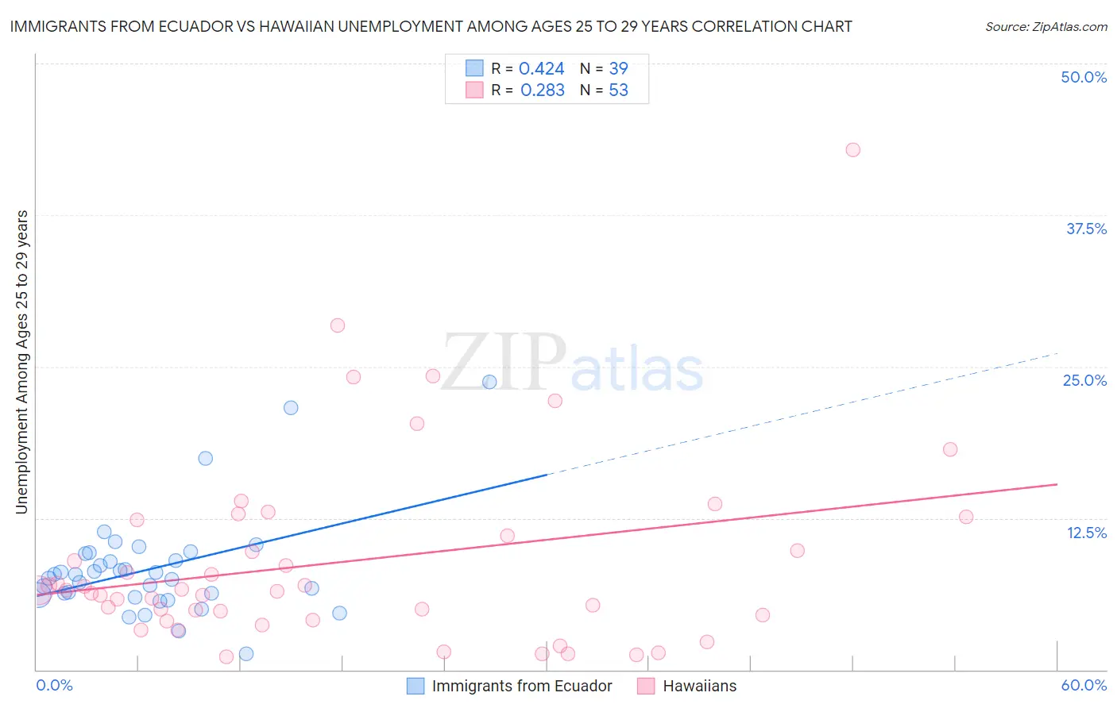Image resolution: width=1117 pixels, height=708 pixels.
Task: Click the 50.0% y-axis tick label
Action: (x=1084, y=77)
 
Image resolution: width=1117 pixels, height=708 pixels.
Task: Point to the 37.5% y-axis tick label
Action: (x=1086, y=229)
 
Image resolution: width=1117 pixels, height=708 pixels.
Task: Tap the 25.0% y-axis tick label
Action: (x=1084, y=380)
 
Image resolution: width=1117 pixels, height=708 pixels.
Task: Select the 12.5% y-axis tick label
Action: (x=1086, y=533)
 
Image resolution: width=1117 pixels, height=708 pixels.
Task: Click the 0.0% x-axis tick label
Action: (x=55, y=685)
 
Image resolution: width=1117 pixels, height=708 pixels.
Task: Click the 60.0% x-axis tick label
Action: (x=1084, y=685)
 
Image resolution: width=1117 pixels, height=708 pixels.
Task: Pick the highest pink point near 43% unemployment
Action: (x=852, y=150)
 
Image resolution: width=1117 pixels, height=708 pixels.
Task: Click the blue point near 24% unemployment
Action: (x=489, y=382)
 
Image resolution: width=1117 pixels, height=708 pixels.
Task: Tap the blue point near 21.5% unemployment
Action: (x=291, y=407)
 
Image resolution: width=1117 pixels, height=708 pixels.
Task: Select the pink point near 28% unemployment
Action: (x=338, y=325)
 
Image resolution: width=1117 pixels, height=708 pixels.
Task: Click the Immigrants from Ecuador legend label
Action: (x=522, y=686)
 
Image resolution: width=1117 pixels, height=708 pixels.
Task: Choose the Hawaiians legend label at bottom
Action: (x=699, y=686)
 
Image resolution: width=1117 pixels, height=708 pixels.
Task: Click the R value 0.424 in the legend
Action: (x=541, y=69)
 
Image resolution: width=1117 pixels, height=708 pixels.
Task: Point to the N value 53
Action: (x=618, y=90)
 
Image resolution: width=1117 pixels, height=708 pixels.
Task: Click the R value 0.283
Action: (x=542, y=90)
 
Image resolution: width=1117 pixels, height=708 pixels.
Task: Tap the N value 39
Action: (x=618, y=69)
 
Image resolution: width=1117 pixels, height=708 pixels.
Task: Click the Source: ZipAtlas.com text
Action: (x=1045, y=27)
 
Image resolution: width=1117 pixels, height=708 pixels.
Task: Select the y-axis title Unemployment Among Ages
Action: (x=22, y=362)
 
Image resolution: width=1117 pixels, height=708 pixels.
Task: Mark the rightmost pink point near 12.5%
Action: (x=966, y=517)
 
